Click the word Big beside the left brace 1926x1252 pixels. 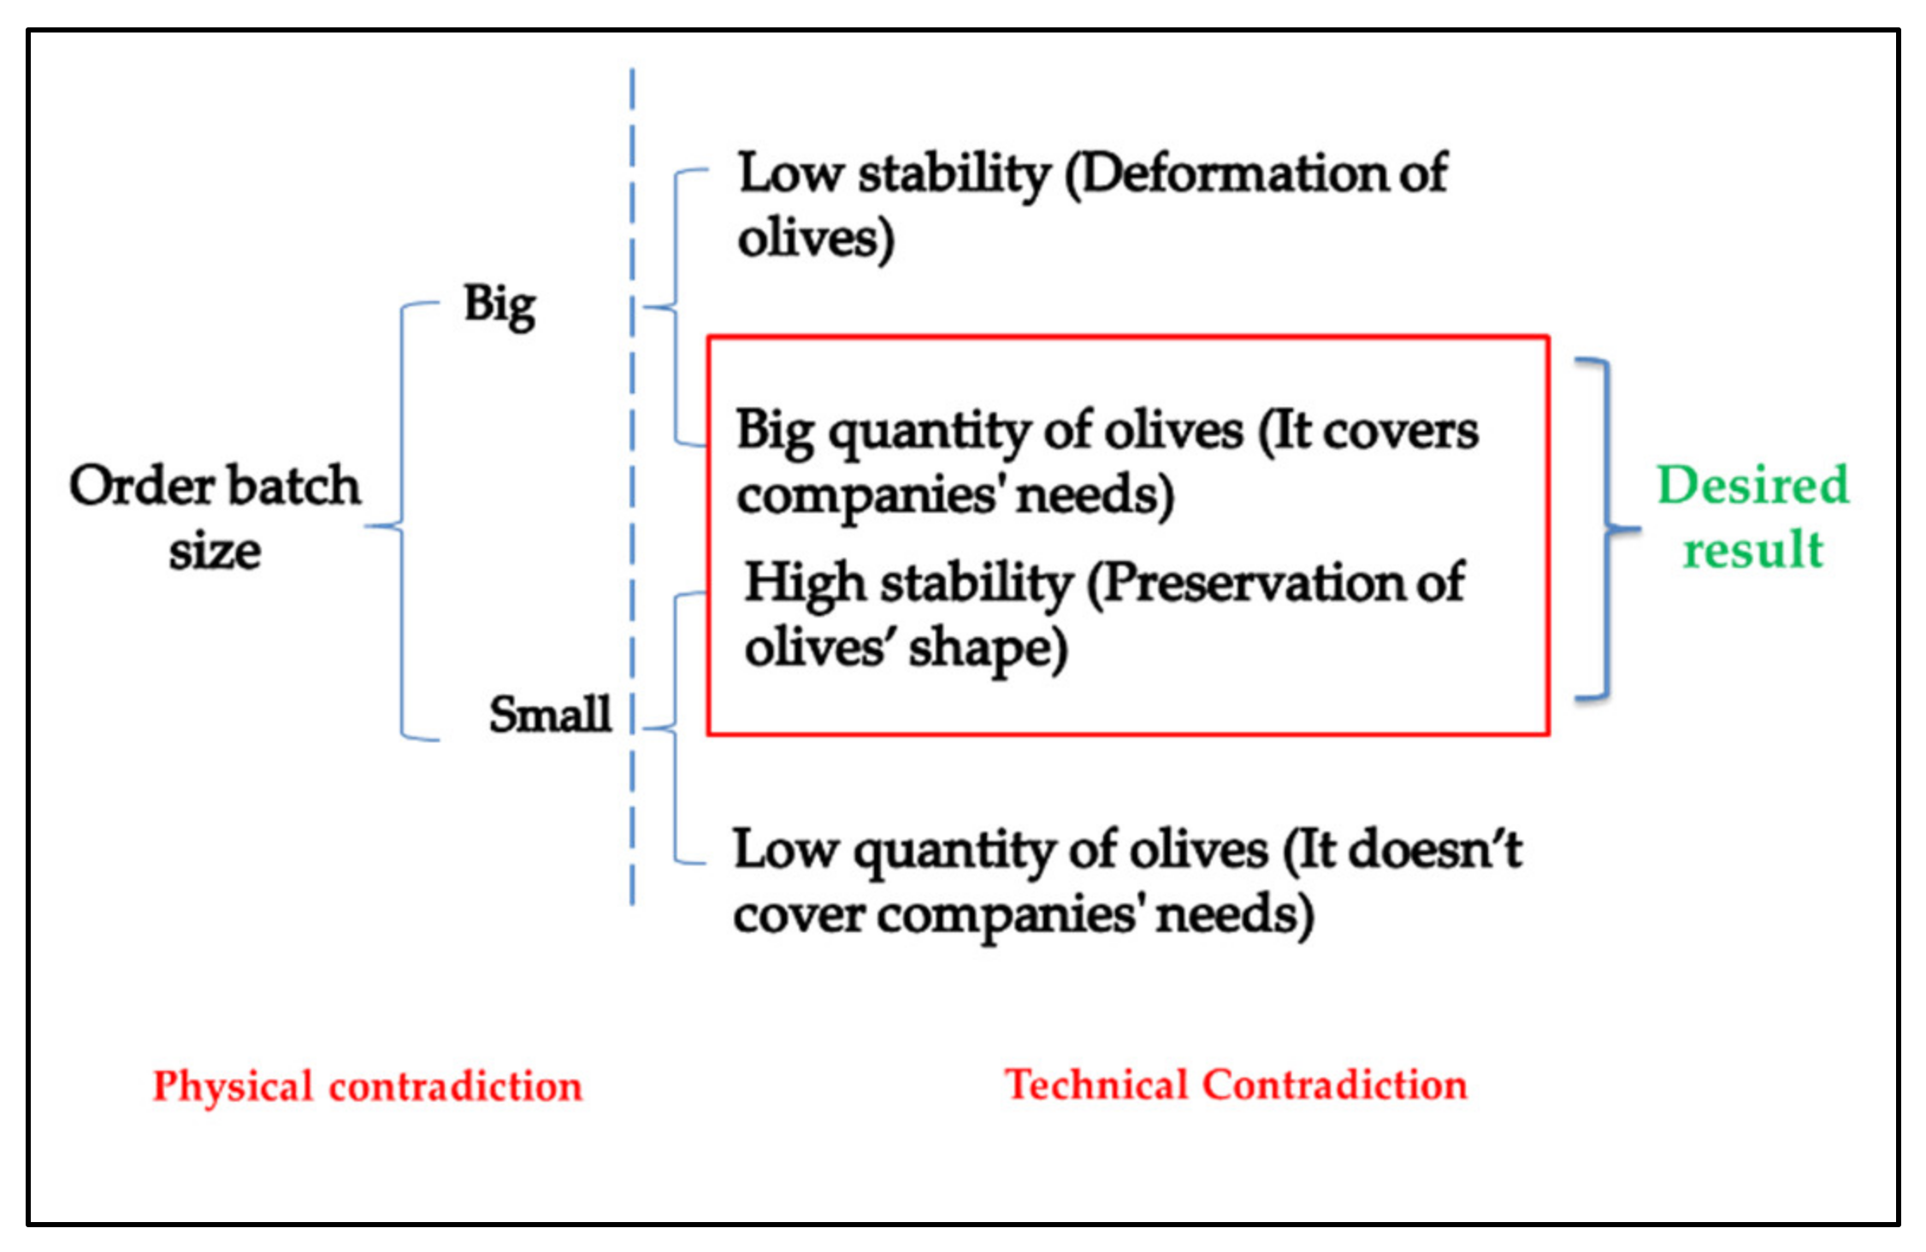[499, 305]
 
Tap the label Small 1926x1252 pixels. [550, 714]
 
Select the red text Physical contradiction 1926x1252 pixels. [368, 1086]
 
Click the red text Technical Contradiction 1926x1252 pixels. [1236, 1084]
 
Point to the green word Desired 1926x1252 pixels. [1752, 485]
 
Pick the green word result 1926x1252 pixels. [1752, 549]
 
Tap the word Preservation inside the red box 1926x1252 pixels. [1249, 583]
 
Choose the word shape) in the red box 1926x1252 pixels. [988, 649]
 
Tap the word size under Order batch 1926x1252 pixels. [215, 551]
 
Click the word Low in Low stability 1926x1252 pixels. [790, 174]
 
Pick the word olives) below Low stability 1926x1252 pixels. [816, 239]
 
